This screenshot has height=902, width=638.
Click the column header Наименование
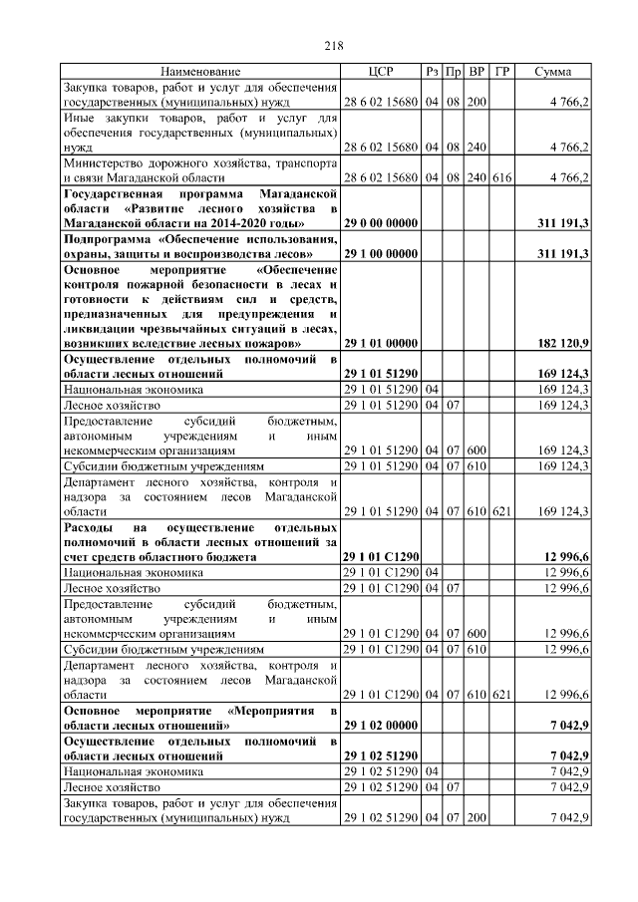pyautogui.click(x=200, y=72)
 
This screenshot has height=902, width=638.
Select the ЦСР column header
pyautogui.click(x=382, y=72)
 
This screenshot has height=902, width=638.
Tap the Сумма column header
pyautogui.click(x=553, y=72)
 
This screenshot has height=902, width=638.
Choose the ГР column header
pyautogui.click(x=501, y=72)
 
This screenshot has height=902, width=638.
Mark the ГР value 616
pyautogui.click(x=501, y=177)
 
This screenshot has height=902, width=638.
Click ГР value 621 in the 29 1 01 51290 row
pyautogui.click(x=501, y=511)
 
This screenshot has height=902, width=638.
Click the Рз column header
pyautogui.click(x=432, y=72)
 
